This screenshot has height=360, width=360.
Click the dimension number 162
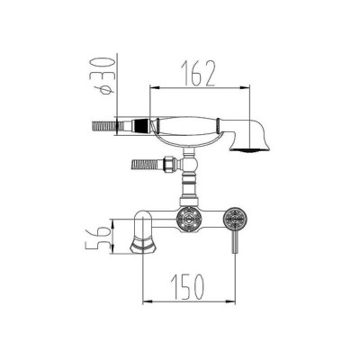pos(200,74)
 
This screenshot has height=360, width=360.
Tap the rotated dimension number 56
pos(95,237)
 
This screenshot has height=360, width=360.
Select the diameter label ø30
pos(103,76)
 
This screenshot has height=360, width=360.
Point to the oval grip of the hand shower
pos(187,125)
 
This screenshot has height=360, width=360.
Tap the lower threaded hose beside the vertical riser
pos(145,165)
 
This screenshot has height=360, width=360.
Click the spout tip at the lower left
pos(141,246)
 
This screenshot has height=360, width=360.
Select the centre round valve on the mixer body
pos(189,220)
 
